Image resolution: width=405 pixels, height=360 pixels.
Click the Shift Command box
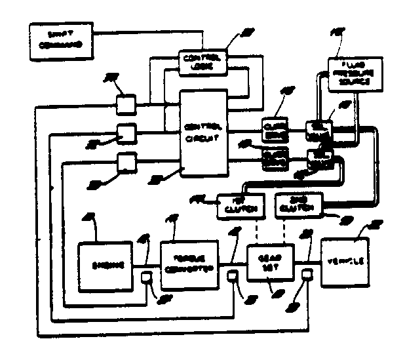59,40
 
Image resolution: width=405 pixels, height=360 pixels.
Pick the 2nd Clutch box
298,205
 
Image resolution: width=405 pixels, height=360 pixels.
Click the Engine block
105,266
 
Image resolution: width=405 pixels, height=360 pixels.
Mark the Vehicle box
345,260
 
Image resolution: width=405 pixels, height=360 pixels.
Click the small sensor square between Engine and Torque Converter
147,279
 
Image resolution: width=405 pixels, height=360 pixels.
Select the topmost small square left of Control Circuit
126,104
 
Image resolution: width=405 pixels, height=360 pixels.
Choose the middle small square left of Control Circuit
126,133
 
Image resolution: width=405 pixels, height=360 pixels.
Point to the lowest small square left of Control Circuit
126,161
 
